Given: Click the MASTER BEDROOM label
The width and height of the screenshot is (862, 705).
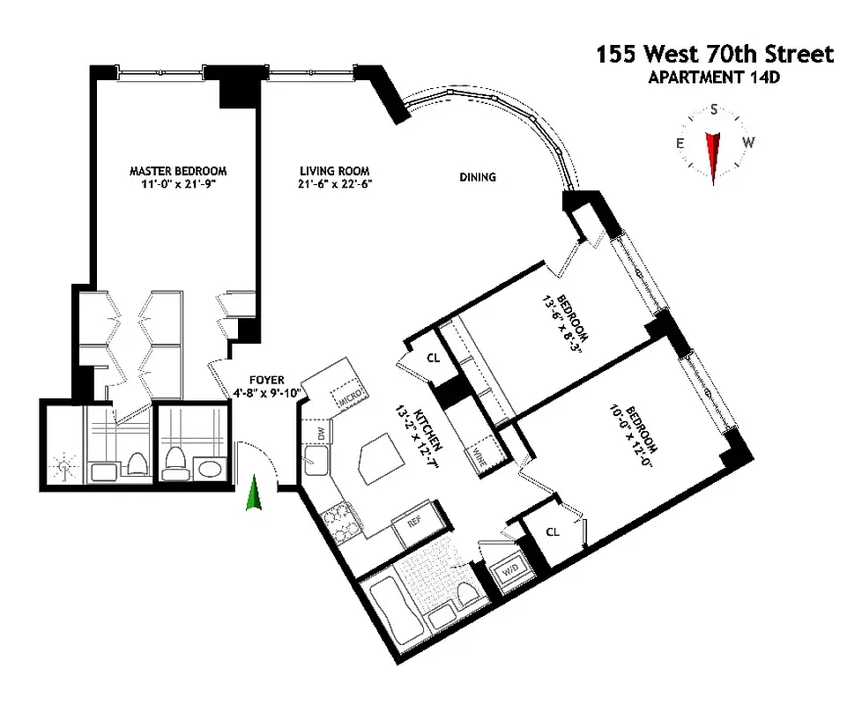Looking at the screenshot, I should point(178,171).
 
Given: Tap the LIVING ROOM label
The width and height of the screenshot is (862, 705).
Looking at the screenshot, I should point(334,171).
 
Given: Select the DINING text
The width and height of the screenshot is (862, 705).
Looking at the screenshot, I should point(477,177).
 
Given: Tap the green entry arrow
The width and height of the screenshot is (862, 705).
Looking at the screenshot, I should point(255,493).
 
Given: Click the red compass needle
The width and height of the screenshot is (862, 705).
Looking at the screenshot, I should point(713,154).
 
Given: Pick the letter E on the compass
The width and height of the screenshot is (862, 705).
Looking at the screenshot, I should point(680,144).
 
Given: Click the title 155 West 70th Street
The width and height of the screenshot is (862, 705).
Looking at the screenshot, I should point(713,55).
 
